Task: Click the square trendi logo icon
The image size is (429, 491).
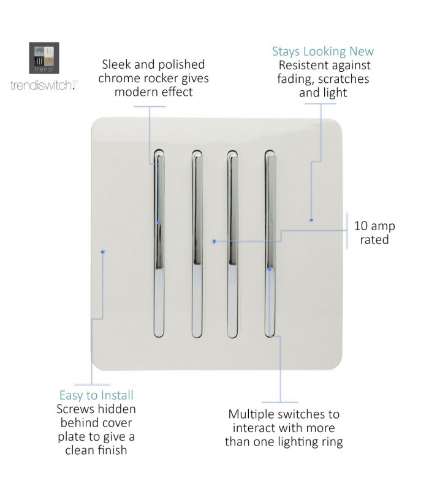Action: pos(44,58)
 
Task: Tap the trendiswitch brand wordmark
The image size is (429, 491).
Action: pos(44,85)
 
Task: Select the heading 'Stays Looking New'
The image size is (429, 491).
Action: pos(323,52)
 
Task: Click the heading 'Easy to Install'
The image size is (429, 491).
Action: pos(96,395)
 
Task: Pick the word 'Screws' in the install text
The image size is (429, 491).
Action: pos(75,409)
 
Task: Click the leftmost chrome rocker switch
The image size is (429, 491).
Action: pos(159,244)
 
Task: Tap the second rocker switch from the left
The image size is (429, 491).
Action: pos(197,244)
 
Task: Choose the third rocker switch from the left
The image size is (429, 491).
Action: pos(232,244)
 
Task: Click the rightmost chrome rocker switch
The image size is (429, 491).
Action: pos(270,244)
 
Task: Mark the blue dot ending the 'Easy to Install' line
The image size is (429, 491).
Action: pos(102,252)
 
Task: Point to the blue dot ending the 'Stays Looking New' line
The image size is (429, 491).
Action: pos(311,220)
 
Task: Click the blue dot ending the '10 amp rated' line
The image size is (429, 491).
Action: pos(214,241)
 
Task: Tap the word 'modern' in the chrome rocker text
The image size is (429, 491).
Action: pos(134,93)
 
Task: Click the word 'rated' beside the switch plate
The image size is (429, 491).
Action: pos(374,239)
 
